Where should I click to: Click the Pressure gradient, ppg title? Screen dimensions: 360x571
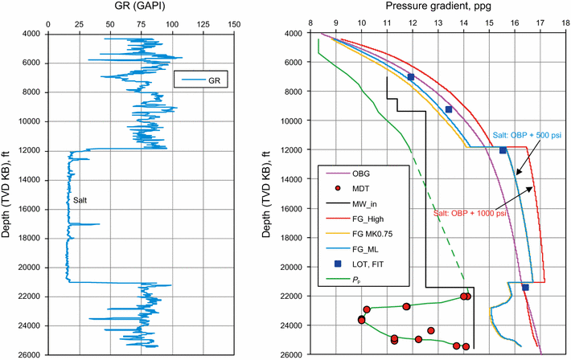(427, 7)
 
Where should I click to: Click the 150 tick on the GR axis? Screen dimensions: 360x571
(233, 23)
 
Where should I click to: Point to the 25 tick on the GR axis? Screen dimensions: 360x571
(80, 23)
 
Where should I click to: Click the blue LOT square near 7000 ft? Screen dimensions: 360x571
(411, 77)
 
